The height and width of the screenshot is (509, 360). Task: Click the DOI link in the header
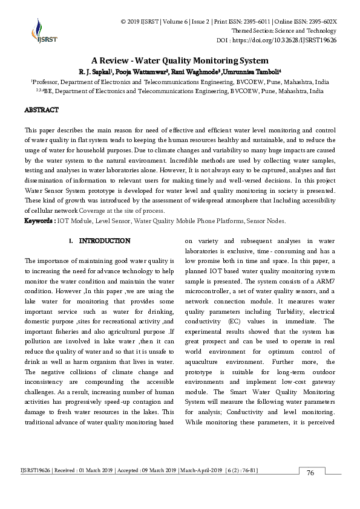(286, 41)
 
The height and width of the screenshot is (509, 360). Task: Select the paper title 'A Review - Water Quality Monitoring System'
(180, 60)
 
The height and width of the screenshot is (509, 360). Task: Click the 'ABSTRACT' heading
(41, 110)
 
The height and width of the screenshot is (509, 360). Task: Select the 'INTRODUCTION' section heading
(104, 241)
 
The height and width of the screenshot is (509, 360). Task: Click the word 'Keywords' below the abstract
(39, 221)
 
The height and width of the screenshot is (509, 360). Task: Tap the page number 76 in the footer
(310, 473)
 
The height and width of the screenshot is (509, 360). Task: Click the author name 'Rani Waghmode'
(195, 71)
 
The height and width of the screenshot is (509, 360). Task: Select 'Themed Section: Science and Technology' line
(284, 31)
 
